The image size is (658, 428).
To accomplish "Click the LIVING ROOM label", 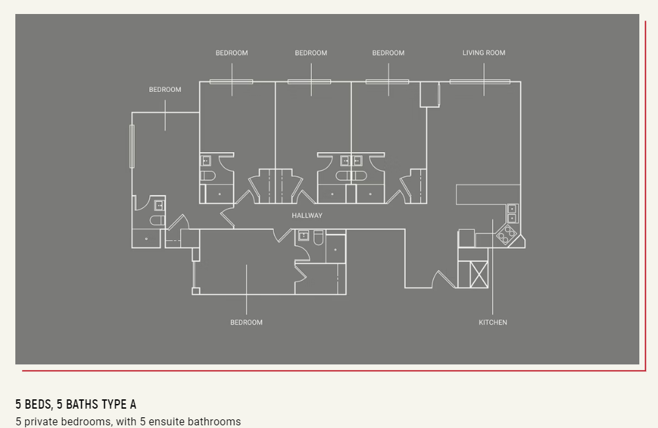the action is pos(484,53).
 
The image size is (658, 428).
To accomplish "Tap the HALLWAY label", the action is pos(307,215).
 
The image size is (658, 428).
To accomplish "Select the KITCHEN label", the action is pos(493,322).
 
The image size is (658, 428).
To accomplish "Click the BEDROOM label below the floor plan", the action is pos(246,322).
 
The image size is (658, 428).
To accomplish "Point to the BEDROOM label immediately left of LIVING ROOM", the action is pos(388,53).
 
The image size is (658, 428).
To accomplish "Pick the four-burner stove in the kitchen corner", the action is pos(507,235).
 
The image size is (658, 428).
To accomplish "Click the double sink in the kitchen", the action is pos(512,213).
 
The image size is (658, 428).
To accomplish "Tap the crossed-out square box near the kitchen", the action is pos(479,274).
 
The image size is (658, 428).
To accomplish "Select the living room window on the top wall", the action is pos(479,82).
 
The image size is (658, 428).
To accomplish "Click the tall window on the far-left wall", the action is pos(132,147).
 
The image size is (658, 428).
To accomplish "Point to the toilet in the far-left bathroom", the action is pos(157,220).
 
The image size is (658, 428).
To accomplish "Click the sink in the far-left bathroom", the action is pos(159,205).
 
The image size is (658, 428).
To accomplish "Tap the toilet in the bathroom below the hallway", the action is pos(319,237).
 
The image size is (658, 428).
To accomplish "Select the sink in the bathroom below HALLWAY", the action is pos(303,236).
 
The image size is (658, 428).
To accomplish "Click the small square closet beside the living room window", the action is pos(430,95).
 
